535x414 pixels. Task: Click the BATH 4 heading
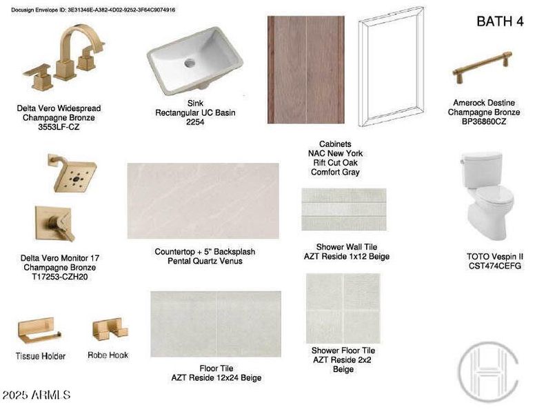500,21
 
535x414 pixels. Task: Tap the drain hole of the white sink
190,63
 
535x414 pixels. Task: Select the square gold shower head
73,172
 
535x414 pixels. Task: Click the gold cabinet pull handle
482,67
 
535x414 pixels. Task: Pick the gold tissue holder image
39,331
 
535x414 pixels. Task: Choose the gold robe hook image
110,329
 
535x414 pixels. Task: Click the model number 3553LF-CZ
59,127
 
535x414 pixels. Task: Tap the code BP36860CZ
484,121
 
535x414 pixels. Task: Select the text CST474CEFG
495,266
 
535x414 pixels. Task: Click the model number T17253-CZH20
60,277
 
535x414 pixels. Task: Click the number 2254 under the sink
195,122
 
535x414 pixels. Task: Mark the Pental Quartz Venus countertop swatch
203,201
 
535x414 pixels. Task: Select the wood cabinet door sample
306,70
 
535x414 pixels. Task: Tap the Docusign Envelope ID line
93,10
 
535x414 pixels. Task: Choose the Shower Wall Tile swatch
344,209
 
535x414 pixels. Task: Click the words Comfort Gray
335,172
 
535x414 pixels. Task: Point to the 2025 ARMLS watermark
36,395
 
